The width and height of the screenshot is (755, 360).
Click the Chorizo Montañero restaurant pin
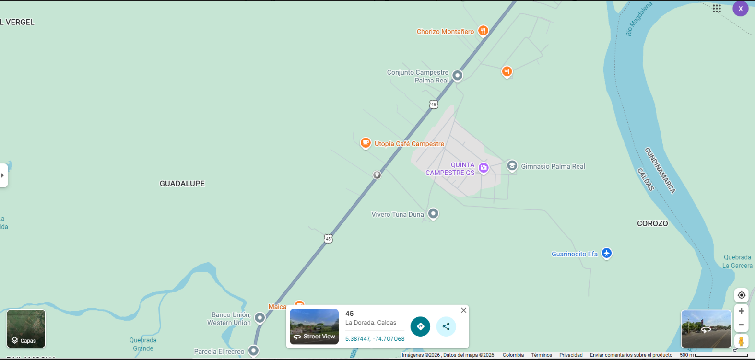coord(483,31)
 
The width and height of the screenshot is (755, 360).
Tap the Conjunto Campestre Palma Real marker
coord(458,75)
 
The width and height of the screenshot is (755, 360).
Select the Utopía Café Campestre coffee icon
coord(366,143)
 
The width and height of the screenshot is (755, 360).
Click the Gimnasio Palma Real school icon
coord(512,166)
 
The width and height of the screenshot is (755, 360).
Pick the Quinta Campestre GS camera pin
coord(484,168)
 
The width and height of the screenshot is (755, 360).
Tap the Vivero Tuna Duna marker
coord(433,213)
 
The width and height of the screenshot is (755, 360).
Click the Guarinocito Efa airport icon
coord(607,253)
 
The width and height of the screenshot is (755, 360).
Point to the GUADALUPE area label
coord(182,184)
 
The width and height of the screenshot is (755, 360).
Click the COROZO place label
coord(652,224)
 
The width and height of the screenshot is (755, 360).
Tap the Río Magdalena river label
coord(639,19)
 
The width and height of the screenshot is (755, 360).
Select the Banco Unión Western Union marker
coord(260,318)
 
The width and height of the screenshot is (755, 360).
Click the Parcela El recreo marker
coord(253,351)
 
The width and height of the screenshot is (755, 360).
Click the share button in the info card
coord(446,326)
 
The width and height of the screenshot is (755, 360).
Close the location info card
coord(463,310)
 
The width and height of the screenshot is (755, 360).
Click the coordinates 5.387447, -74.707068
coord(375,339)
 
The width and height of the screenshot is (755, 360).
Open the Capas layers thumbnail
coord(26,328)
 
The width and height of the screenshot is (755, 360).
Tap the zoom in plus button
coord(741,311)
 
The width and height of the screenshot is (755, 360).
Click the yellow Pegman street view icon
coord(741,341)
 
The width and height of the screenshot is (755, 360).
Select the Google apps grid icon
coord(717,9)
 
